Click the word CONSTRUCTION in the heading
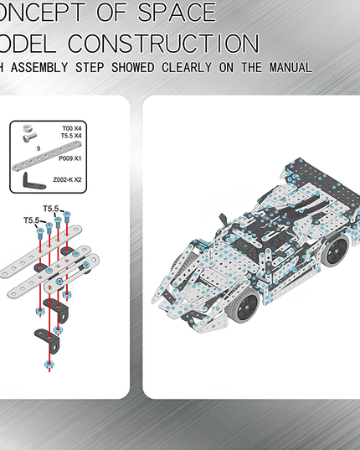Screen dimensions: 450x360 click(x=162, y=43)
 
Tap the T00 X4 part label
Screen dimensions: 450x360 click(x=72, y=128)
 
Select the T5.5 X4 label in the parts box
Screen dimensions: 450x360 click(x=71, y=136)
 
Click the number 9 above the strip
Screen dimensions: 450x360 click(x=39, y=148)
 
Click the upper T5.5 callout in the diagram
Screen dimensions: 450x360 click(x=50, y=208)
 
